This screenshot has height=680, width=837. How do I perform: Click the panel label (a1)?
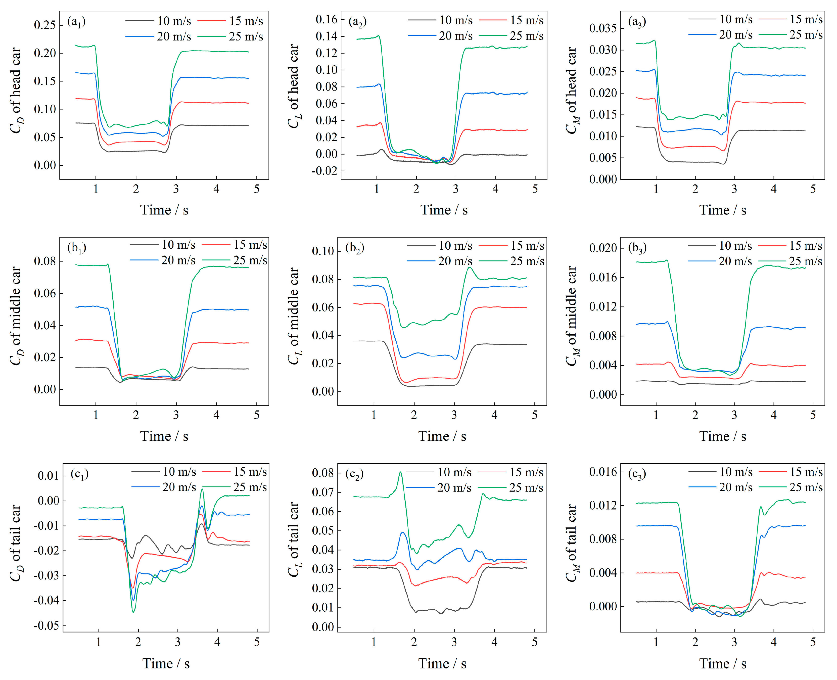pyautogui.click(x=76, y=22)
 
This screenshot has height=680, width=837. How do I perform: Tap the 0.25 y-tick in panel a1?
pyautogui.click(x=45, y=25)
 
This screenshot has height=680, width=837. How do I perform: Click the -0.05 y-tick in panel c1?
pyautogui.click(x=46, y=625)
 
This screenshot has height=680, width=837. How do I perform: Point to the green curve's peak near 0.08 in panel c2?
pyautogui.click(x=400, y=472)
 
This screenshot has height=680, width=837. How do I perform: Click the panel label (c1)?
pyautogui.click(x=79, y=474)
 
